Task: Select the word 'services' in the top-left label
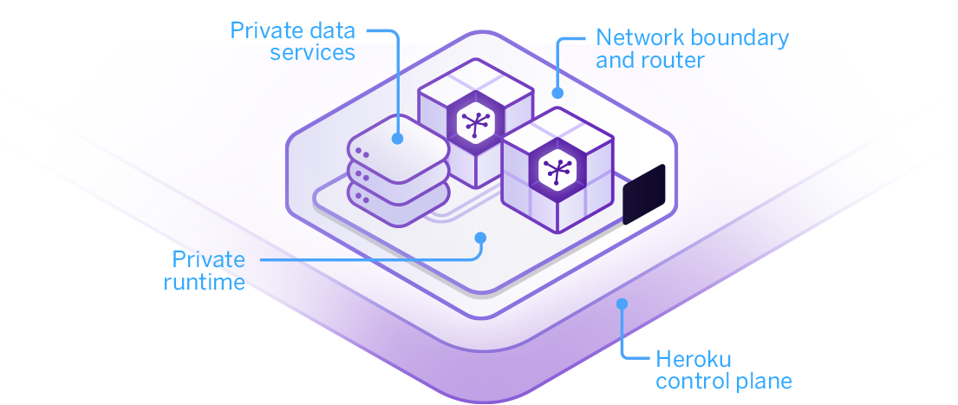tap(313, 53)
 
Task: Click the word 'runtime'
tap(205, 282)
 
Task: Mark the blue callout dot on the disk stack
tap(397, 137)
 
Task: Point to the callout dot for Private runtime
tap(480, 237)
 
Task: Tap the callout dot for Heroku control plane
tap(621, 304)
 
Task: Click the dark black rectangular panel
tap(643, 194)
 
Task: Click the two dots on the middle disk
tap(362, 177)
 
